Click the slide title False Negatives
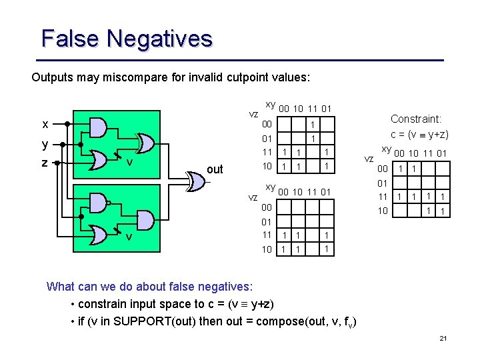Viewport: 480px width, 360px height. [127, 38]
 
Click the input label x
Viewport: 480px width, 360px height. [45, 124]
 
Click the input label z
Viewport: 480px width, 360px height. [45, 162]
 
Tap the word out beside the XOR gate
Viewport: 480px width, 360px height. [215, 169]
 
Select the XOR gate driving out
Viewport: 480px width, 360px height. [195, 181]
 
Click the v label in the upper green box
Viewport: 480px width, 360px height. [131, 162]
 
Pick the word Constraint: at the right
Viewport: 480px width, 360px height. [416, 119]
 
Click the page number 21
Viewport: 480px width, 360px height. [443, 339]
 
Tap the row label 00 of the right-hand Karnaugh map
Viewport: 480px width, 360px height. [382, 169]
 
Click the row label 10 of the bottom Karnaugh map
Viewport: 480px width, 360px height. [267, 249]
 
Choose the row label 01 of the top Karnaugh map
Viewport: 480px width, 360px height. [267, 139]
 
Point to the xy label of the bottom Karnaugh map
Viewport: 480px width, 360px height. [271, 187]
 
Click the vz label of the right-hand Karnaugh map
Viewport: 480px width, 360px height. [369, 159]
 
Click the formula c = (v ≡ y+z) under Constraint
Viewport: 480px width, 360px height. [419, 134]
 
